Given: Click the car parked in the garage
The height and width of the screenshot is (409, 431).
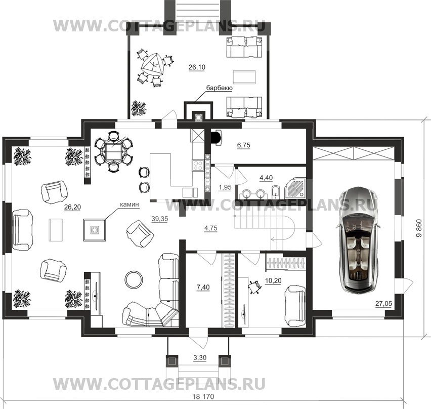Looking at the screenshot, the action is tap(358, 239).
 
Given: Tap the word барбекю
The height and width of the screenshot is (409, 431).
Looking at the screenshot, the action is tap(220, 88).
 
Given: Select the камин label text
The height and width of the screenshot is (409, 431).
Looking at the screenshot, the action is tap(130, 204).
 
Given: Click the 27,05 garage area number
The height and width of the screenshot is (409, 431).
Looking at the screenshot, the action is tap(384, 303).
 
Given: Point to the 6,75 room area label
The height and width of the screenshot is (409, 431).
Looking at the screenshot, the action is tap(243, 145).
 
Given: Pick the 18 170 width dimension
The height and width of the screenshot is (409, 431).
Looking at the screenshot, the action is tap(203, 396).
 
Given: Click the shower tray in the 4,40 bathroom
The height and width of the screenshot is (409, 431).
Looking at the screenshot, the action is tap(294, 188).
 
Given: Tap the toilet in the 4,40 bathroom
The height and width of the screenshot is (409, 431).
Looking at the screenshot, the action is tap(275, 192).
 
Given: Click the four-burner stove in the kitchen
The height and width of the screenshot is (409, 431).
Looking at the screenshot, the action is tap(198, 166).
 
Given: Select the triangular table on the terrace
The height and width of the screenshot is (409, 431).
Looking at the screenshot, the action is tap(153, 65).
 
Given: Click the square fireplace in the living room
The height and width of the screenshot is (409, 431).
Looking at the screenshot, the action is tap(95, 230).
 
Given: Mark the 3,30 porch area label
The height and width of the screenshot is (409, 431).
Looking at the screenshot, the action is tap(200, 358).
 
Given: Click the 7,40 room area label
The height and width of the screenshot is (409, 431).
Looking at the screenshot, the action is tap(203, 288).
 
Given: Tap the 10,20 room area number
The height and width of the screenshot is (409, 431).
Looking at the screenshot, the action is tap(273, 280).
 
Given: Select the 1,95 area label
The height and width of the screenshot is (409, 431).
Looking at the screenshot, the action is tap(225, 187).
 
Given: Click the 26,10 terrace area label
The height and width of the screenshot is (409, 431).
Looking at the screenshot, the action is tap(197, 67).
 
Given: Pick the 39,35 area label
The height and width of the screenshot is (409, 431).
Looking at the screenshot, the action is tap(160, 219).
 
